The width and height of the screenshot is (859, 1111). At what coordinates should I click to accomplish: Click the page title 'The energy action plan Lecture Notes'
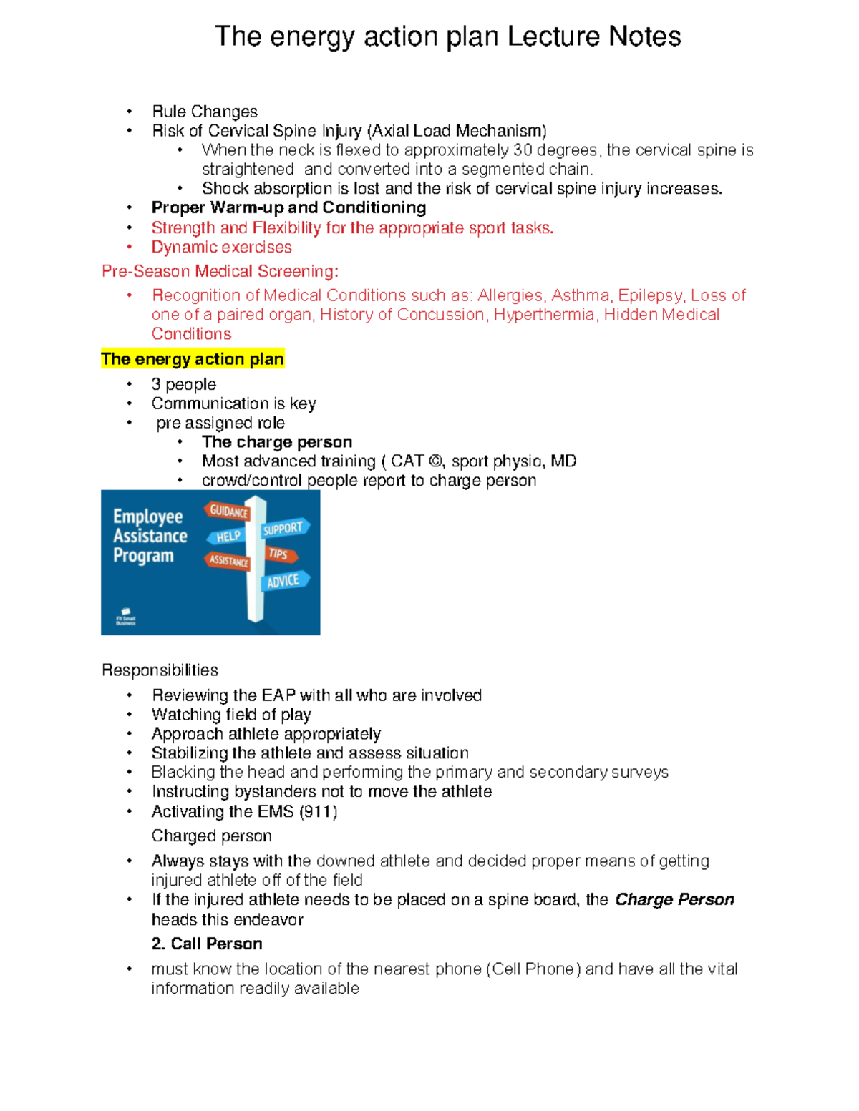tap(447, 36)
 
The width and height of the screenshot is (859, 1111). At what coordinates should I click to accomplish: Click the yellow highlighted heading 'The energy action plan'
tap(193, 359)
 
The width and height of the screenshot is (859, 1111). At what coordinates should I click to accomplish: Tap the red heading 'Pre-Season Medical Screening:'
tap(220, 271)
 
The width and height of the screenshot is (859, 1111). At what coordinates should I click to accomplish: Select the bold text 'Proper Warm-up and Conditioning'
tap(288, 208)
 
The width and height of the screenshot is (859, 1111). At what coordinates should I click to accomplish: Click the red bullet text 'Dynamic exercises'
tap(221, 248)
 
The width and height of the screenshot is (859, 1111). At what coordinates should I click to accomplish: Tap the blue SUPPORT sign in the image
tap(284, 528)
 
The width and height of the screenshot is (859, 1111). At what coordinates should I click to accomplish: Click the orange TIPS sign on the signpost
tap(279, 554)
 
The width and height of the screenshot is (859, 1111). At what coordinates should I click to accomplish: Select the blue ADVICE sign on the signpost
tap(284, 581)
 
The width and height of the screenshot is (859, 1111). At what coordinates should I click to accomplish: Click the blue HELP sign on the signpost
tap(227, 537)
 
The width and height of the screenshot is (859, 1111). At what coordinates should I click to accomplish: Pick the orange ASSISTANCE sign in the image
tap(228, 561)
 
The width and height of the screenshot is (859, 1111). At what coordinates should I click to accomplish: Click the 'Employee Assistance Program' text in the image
tap(150, 536)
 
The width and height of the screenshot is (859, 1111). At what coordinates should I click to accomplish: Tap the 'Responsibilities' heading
tap(160, 670)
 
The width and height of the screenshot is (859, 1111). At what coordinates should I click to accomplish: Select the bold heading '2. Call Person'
tap(207, 944)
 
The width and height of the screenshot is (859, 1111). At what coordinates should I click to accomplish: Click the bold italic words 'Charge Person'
tap(674, 900)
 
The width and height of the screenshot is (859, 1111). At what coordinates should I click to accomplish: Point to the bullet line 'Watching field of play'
tap(231, 715)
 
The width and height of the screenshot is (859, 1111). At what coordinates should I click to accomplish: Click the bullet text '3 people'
tap(183, 385)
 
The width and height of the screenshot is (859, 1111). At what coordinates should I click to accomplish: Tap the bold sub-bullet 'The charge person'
tap(277, 442)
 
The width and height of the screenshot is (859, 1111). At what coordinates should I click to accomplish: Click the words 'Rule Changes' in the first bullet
tap(204, 112)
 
